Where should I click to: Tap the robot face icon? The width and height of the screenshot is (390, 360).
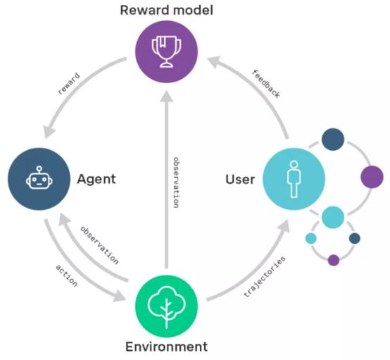pos(39,178)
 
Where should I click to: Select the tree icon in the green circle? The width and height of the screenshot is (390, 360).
pos(166,306)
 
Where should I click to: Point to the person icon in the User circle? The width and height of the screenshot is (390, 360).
pos(294,179)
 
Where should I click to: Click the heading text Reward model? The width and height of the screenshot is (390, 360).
pos(166,10)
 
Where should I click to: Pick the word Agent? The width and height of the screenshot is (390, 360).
pos(96,179)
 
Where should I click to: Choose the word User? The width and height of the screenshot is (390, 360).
pos(240,179)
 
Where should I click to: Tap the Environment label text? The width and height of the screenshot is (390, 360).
pos(166,347)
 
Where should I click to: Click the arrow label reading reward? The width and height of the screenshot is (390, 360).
pos(69,84)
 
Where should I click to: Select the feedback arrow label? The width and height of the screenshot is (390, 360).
pos(266,84)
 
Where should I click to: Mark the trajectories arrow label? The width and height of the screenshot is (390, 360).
pos(265,277)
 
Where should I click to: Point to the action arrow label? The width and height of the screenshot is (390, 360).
pos(66,275)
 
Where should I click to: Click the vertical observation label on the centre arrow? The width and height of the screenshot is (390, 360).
pos(176,182)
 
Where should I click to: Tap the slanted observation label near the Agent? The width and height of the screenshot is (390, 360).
pos(99,245)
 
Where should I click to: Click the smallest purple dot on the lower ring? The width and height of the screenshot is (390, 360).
pos(334,260)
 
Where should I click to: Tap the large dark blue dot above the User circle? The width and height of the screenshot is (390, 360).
pos(333,139)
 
